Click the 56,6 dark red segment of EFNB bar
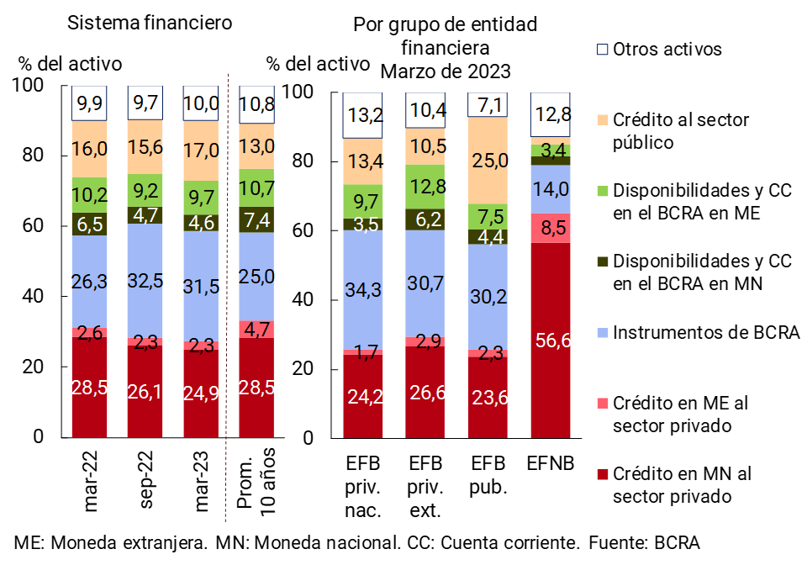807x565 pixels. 551,341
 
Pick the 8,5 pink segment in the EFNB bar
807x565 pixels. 551,228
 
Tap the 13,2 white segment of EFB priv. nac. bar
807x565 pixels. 363,115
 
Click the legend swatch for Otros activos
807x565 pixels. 602,49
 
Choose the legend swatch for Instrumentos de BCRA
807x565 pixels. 602,332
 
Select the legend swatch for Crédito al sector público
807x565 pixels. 602,120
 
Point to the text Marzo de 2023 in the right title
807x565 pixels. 445,71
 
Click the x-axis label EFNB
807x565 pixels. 551,464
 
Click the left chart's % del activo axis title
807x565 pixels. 71,64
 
